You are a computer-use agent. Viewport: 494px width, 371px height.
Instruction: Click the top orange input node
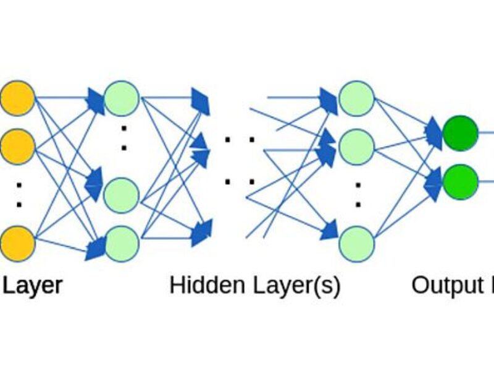[x=17, y=98]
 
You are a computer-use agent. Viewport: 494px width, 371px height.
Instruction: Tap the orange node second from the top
[x=17, y=147]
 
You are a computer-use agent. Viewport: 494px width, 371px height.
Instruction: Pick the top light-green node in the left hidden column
[x=121, y=98]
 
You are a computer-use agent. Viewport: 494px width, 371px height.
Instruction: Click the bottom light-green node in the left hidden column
[x=121, y=243]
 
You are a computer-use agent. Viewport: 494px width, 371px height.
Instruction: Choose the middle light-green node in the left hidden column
[x=121, y=195]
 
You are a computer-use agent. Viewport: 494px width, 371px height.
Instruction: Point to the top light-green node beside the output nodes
[x=356, y=98]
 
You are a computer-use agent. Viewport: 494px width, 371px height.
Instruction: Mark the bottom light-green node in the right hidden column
[x=356, y=243]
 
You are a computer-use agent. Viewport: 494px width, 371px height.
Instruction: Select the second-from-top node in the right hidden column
[x=356, y=147]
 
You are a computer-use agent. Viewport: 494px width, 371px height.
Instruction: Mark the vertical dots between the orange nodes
[x=18, y=195]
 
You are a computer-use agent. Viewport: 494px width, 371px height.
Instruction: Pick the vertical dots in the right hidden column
[x=357, y=195]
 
